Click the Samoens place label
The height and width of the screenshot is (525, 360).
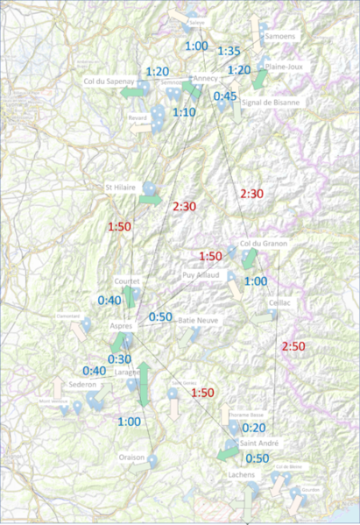pyautogui.click(x=280, y=36)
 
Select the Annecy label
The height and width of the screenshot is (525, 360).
pyautogui.click(x=206, y=78)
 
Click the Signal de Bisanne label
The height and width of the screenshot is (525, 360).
pyautogui.click(x=271, y=102)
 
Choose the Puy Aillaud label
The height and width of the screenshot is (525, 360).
pyautogui.click(x=201, y=274)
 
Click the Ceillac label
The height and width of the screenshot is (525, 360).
pyautogui.click(x=280, y=301)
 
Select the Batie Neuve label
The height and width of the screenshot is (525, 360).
pyautogui.click(x=198, y=321)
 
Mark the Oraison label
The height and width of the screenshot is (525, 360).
pyautogui.click(x=131, y=458)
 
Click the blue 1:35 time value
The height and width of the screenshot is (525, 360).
pyautogui.click(x=229, y=51)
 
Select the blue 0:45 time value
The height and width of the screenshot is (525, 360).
pyautogui.click(x=225, y=96)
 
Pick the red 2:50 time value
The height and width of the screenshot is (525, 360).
pyautogui.click(x=293, y=347)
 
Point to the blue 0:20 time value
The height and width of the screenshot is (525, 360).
pyautogui.click(x=253, y=428)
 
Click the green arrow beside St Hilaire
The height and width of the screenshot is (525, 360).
pyautogui.click(x=151, y=200)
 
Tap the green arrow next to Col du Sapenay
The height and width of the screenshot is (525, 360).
pyautogui.click(x=131, y=91)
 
